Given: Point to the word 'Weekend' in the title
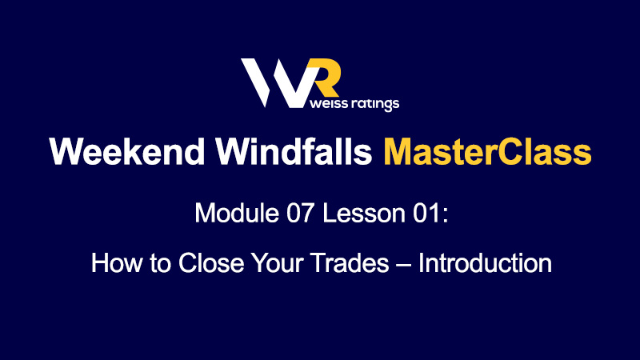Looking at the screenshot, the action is (127, 151).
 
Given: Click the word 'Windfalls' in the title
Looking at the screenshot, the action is (294, 151).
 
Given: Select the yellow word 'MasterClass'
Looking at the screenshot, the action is (487, 151).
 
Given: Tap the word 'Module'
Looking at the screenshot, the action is (237, 213).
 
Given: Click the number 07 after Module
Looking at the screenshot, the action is (301, 213).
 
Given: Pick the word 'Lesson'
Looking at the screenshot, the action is (364, 213).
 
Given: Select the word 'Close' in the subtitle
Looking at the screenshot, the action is (211, 263).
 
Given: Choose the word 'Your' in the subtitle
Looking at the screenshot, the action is (277, 263).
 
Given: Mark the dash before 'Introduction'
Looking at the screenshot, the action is (403, 266).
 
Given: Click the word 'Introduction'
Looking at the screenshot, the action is (486, 263).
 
